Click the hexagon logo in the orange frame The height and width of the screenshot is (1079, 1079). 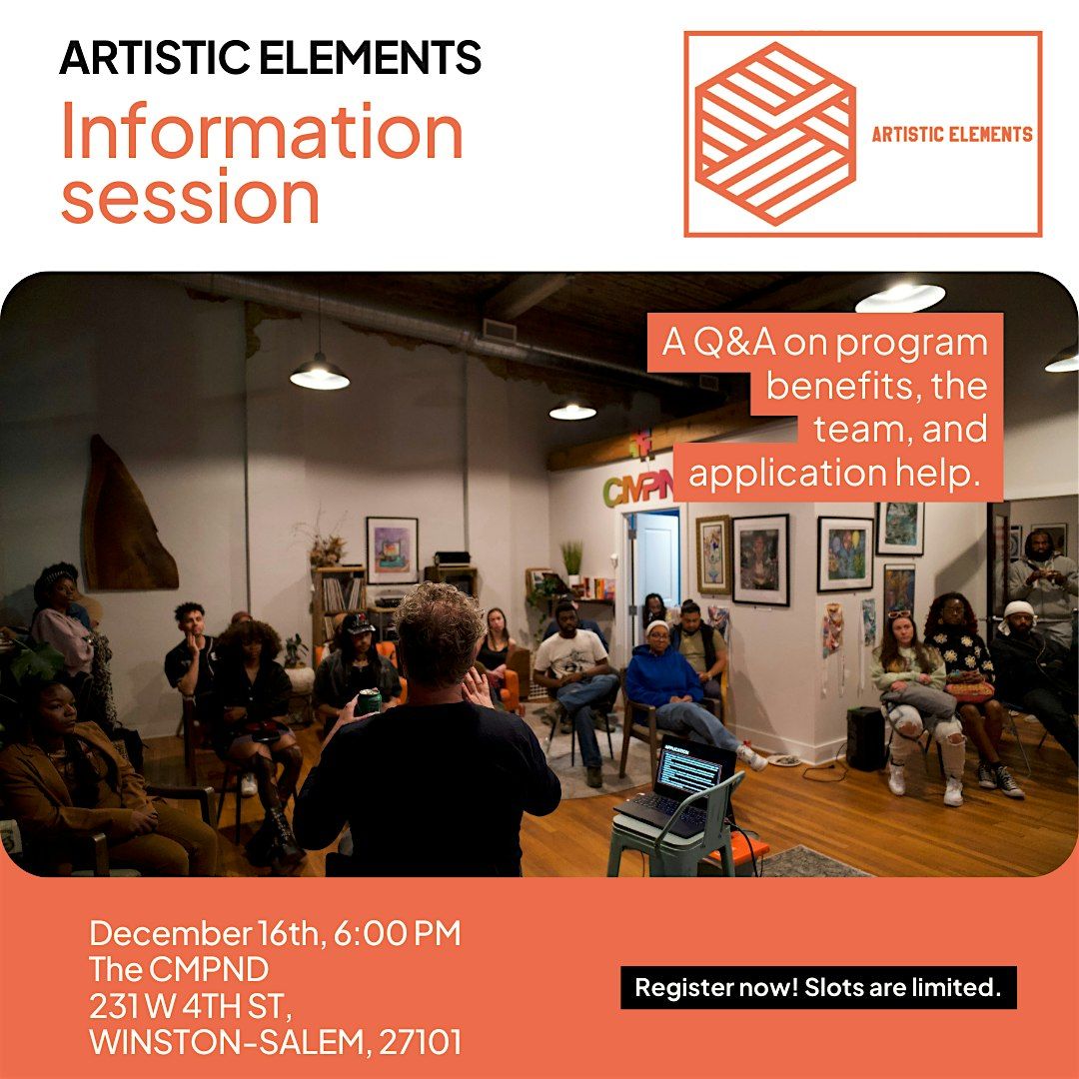774,133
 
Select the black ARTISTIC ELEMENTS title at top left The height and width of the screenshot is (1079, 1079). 270,59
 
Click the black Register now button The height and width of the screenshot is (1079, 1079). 818,988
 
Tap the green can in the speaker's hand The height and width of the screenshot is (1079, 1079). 369,700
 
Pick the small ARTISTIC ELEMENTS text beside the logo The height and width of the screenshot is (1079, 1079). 951,134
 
